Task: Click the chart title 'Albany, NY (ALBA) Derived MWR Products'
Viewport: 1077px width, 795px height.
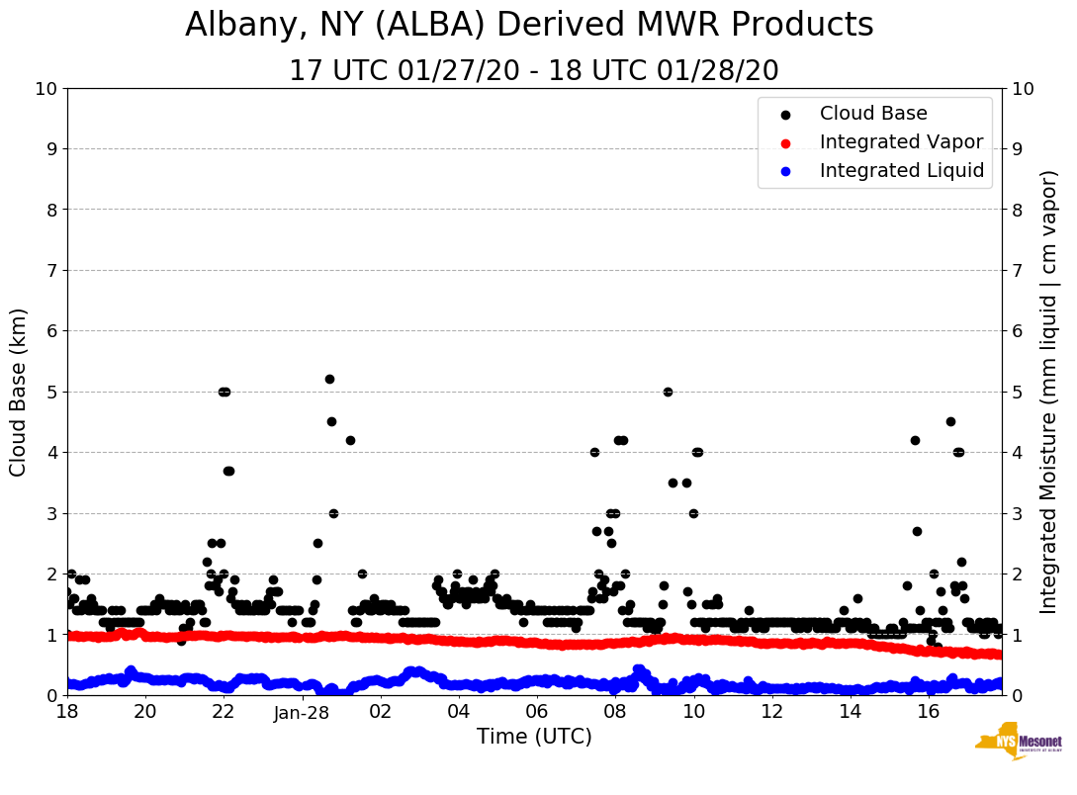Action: click(529, 26)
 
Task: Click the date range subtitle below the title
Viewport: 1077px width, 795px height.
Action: click(533, 71)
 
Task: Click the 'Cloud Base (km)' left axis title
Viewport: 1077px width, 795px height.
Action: click(19, 392)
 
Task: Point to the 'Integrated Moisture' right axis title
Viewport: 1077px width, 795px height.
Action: click(1049, 392)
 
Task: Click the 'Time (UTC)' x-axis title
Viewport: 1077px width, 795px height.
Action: click(534, 737)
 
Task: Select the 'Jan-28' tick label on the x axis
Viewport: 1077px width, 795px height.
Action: click(302, 712)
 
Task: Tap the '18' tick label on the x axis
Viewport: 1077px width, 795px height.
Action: click(67, 712)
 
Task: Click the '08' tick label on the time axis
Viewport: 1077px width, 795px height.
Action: click(614, 712)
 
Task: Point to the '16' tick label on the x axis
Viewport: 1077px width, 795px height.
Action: click(928, 712)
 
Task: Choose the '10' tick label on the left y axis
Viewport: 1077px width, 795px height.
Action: click(45, 89)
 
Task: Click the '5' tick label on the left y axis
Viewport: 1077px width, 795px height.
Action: click(50, 392)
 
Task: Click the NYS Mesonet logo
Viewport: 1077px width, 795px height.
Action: click(1018, 743)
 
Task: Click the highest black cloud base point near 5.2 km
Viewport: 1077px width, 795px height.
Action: click(329, 379)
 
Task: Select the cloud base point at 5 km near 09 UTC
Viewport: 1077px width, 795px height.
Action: click(668, 392)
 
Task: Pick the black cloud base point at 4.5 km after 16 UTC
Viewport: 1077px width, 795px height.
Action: click(950, 421)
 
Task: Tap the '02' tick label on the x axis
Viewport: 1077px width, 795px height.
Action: click(380, 712)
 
